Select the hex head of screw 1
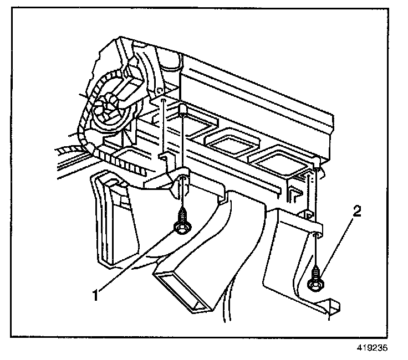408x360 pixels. tap(181, 227)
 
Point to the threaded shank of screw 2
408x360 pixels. tap(315, 271)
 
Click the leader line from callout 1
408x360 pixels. tap(139, 260)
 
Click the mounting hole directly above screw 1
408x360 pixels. tap(181, 178)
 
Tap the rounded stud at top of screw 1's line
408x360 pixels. tap(182, 108)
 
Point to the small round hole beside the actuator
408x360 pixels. tap(159, 90)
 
